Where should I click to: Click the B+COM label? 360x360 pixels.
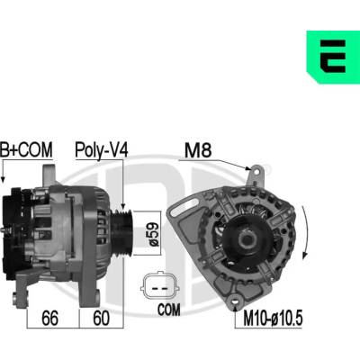pyautogui.click(x=26, y=149)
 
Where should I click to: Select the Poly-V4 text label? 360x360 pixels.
pyautogui.click(x=102, y=149)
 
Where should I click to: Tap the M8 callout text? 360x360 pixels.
pyautogui.click(x=198, y=150)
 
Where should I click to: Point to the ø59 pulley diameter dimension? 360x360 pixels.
pyautogui.click(x=154, y=234)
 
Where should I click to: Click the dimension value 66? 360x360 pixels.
pyautogui.click(x=49, y=319)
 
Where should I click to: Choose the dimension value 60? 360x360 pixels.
pyautogui.click(x=101, y=319)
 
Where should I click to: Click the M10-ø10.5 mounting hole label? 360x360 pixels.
pyautogui.click(x=273, y=318)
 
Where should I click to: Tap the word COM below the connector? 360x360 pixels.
pyautogui.click(x=169, y=310)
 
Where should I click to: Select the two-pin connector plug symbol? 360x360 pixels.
pyautogui.click(x=160, y=286)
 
